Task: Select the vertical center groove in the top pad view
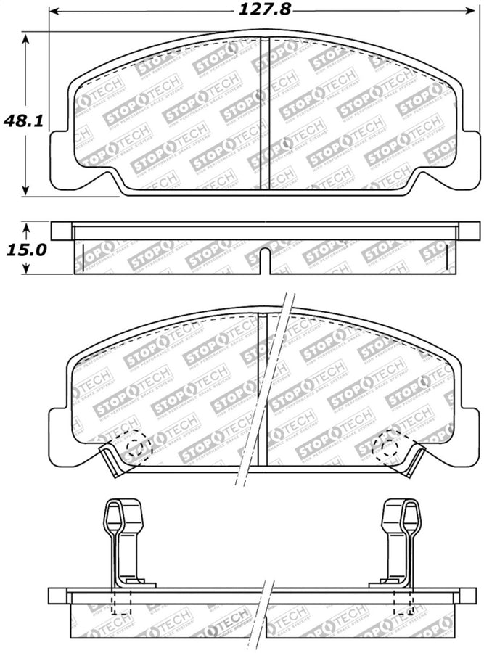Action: (265, 112)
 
